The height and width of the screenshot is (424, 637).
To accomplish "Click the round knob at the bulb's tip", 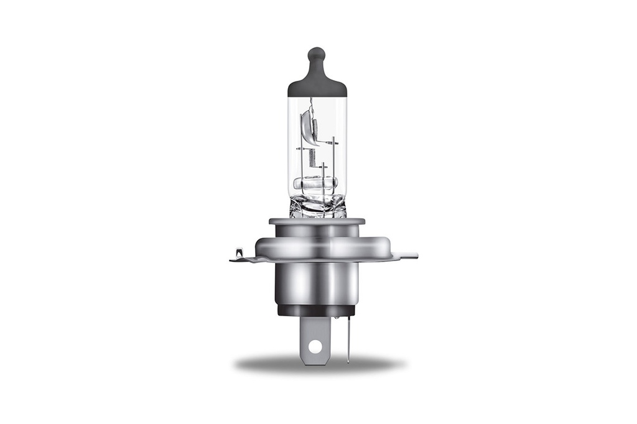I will click(317, 54).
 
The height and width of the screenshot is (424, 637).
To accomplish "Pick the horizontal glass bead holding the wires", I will click(315, 183).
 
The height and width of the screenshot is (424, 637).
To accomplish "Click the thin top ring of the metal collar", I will click(317, 221).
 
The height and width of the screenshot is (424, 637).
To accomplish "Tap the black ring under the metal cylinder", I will click(315, 310).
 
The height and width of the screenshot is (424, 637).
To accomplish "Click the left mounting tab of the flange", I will click(239, 256).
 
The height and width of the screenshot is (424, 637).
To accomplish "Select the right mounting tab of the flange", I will click(406, 256).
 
